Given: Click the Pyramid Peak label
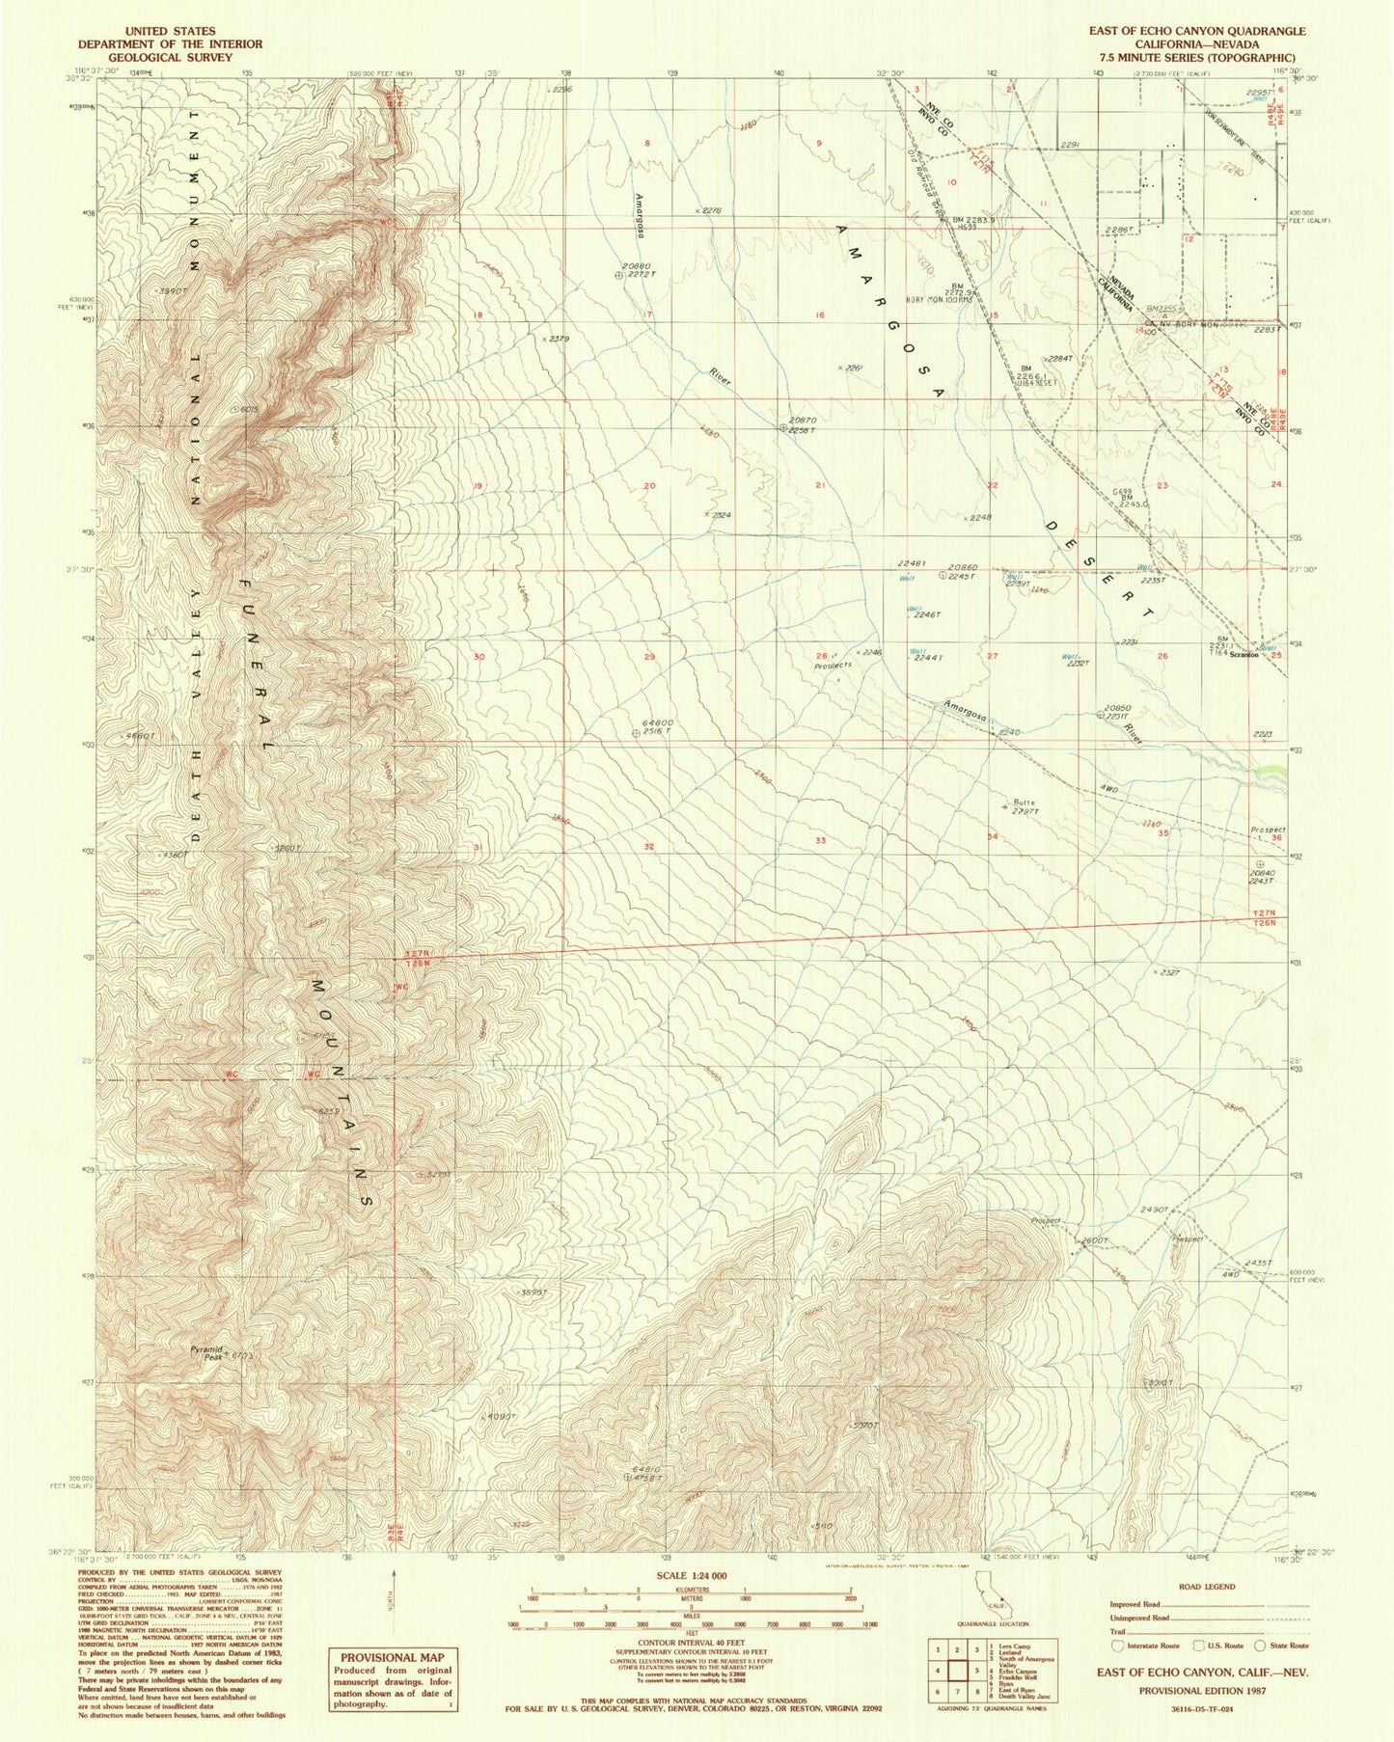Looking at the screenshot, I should [x=205, y=1352].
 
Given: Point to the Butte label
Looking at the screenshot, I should [x=1024, y=802].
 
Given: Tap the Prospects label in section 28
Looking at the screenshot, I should [x=834, y=665].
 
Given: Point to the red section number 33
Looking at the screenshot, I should [x=820, y=840].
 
